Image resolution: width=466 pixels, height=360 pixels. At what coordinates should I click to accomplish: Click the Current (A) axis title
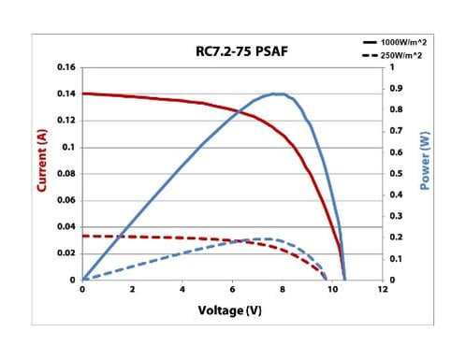(41, 174)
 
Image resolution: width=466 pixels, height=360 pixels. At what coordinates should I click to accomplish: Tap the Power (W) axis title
(424, 174)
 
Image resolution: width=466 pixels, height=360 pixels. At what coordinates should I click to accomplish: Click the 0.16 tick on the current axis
(66, 68)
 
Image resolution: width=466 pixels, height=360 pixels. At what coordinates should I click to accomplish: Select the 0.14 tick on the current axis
(66, 94)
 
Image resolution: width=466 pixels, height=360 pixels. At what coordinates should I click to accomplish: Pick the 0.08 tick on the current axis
(66, 174)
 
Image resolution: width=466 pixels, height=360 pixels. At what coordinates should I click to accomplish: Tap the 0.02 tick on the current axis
(66, 253)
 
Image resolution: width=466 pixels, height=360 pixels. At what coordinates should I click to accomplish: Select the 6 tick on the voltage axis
(232, 291)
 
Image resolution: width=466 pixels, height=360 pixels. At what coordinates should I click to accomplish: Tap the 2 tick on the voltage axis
(132, 291)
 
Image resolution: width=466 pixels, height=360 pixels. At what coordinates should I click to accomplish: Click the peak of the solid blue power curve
(278, 94)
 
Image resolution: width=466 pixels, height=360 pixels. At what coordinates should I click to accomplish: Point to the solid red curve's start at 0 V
(83, 94)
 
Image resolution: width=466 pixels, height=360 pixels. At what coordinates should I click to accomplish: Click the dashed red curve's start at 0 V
(83, 236)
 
